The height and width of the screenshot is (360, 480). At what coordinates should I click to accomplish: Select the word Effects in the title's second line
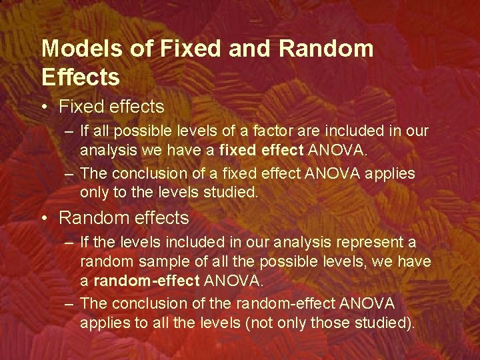click(x=81, y=77)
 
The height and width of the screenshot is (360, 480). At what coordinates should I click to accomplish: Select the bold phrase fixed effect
click(x=263, y=151)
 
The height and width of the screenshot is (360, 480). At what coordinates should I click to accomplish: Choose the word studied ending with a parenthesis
click(x=386, y=324)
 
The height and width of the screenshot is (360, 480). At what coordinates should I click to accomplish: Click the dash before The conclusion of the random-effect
click(x=69, y=304)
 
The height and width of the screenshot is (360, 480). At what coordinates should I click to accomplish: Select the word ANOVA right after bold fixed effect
click(x=337, y=151)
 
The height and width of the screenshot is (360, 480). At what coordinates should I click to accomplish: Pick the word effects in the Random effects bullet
click(x=158, y=218)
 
